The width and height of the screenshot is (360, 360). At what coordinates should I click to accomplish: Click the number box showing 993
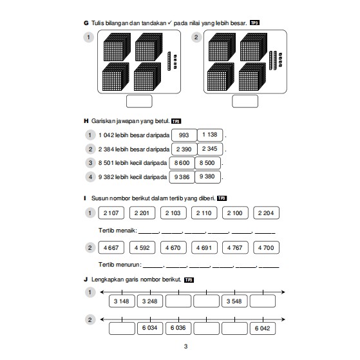point(184,135)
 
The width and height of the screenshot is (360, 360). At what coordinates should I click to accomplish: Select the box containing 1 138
point(210,135)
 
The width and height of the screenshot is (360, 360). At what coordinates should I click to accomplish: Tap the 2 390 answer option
point(184,149)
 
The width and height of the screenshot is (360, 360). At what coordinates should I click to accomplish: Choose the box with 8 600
point(182,163)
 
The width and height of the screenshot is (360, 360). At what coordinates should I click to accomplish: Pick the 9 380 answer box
point(207,177)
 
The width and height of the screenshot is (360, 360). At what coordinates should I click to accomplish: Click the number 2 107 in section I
point(111,213)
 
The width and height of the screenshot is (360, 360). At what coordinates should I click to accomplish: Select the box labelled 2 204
point(267,213)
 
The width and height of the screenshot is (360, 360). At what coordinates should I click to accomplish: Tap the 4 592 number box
point(142,247)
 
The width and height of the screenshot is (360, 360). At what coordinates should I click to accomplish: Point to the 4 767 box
point(235,247)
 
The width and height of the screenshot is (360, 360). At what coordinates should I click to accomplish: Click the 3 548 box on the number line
point(234,301)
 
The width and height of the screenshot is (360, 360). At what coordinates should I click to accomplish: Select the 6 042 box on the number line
point(263,328)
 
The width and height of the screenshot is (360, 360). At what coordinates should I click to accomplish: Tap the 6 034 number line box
point(150,328)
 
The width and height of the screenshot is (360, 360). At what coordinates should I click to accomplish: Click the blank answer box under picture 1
point(139,101)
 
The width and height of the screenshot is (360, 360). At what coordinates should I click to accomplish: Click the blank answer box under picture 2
point(245,101)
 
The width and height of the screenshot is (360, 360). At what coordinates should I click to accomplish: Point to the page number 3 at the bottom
point(185,346)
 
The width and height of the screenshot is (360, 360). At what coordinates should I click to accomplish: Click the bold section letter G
point(86,23)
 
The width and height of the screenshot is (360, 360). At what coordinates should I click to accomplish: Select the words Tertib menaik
point(117,231)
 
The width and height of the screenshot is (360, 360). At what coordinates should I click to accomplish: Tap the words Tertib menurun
point(119,265)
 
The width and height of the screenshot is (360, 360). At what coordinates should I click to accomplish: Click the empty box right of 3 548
point(263,301)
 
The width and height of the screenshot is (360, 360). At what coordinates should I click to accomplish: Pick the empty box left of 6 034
point(122,328)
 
